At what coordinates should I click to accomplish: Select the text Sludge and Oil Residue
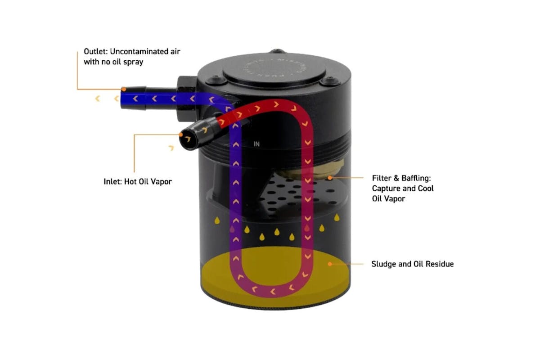coord(412,264)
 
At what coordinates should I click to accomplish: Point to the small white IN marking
coord(257,144)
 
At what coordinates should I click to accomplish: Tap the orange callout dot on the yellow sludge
coord(330,264)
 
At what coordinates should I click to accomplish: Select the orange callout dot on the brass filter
coord(330,178)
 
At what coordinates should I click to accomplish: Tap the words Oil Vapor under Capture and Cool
coord(388,198)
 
